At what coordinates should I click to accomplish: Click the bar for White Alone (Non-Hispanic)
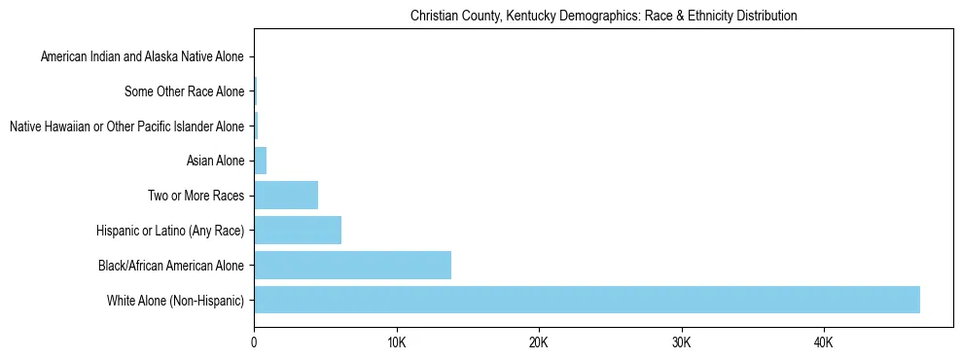pos(587,300)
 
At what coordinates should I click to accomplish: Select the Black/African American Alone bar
pos(352,265)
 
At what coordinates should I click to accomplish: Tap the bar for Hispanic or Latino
pos(298,230)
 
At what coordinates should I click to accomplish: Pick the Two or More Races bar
pos(286,195)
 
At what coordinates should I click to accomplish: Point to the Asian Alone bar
pos(260,161)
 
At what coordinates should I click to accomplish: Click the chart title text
pos(603,16)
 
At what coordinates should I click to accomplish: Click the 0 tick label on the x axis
pos(254,342)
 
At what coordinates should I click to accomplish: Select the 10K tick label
pos(396,342)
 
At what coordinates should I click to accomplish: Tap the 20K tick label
pos(538,342)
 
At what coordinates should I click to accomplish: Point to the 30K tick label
pos(681,342)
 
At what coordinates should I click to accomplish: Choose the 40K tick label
pos(823,342)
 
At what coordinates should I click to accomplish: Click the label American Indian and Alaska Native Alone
pos(142,56)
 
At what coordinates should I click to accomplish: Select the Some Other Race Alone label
pos(185,91)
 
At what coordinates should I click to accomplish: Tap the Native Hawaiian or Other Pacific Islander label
pos(126,126)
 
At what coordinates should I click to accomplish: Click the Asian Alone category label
pos(215,161)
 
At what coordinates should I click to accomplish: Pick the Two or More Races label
pos(196,196)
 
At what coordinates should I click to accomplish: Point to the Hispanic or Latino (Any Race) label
pos(170,231)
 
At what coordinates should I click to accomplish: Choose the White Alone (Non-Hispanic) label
pos(176,300)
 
